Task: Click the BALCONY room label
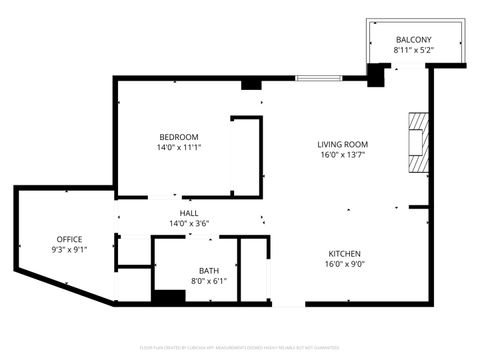414,40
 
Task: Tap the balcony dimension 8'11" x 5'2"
414,50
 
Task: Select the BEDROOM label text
179,137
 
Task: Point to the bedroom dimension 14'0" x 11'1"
179,148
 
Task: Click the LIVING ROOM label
343,144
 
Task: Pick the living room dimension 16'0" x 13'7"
343,155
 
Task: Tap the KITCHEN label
343,254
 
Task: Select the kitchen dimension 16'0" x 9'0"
343,265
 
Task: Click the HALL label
189,213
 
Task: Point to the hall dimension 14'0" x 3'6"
189,223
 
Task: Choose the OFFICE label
69,239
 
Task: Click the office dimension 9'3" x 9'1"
69,250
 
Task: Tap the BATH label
209,270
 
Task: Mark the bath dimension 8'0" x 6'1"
209,281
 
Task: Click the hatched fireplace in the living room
418,144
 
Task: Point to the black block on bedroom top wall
251,84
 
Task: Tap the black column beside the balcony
377,75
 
